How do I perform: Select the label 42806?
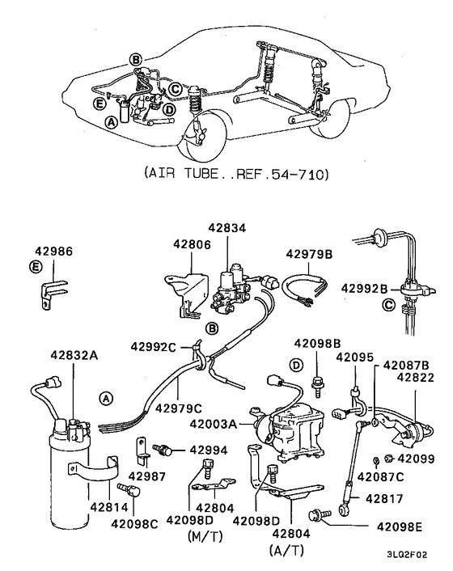[191, 243]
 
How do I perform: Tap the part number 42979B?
[310, 253]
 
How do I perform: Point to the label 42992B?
[366, 288]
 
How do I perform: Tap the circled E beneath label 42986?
[36, 266]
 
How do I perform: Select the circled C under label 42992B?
[387, 307]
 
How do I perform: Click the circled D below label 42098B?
[296, 366]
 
